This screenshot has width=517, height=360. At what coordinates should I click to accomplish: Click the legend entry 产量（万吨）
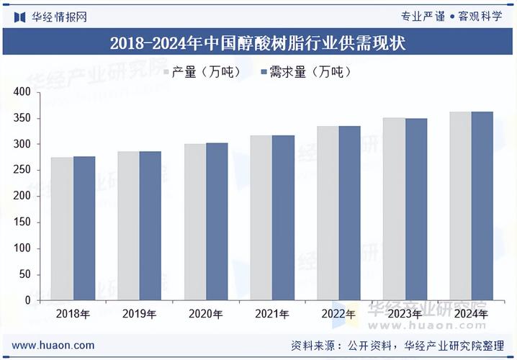point(204,72)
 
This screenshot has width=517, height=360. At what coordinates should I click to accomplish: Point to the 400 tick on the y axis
point(22,92)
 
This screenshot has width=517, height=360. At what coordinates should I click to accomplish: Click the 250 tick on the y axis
point(22,170)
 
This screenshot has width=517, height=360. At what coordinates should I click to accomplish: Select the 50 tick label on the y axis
point(24,274)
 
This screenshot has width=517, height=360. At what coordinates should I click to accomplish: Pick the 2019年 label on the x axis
point(140,314)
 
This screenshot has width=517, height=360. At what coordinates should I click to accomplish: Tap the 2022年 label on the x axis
point(338,314)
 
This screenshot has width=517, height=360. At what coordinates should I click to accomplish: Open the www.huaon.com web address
point(53,345)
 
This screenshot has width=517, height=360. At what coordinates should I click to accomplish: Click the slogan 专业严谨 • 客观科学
point(451,16)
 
